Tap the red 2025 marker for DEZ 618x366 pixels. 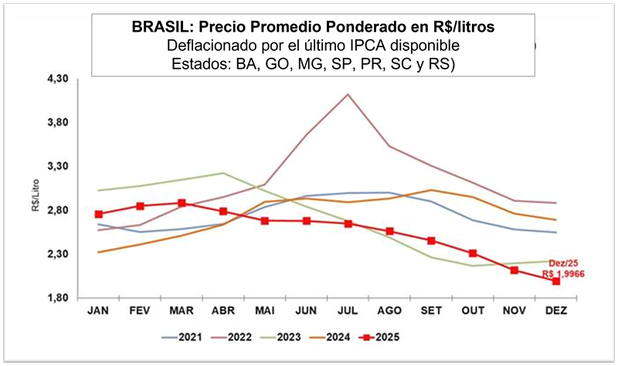tap(555, 281)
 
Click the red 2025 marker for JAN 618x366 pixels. tap(98, 214)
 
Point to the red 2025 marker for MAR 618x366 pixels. tap(182, 203)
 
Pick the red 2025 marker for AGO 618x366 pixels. tap(389, 232)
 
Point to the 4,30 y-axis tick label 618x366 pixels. tap(59, 80)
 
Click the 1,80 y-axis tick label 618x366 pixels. tap(59, 298)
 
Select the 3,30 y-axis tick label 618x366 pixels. tap(59, 167)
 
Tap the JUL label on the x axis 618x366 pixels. tap(348, 310)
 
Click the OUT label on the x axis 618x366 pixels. tap(472, 310)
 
